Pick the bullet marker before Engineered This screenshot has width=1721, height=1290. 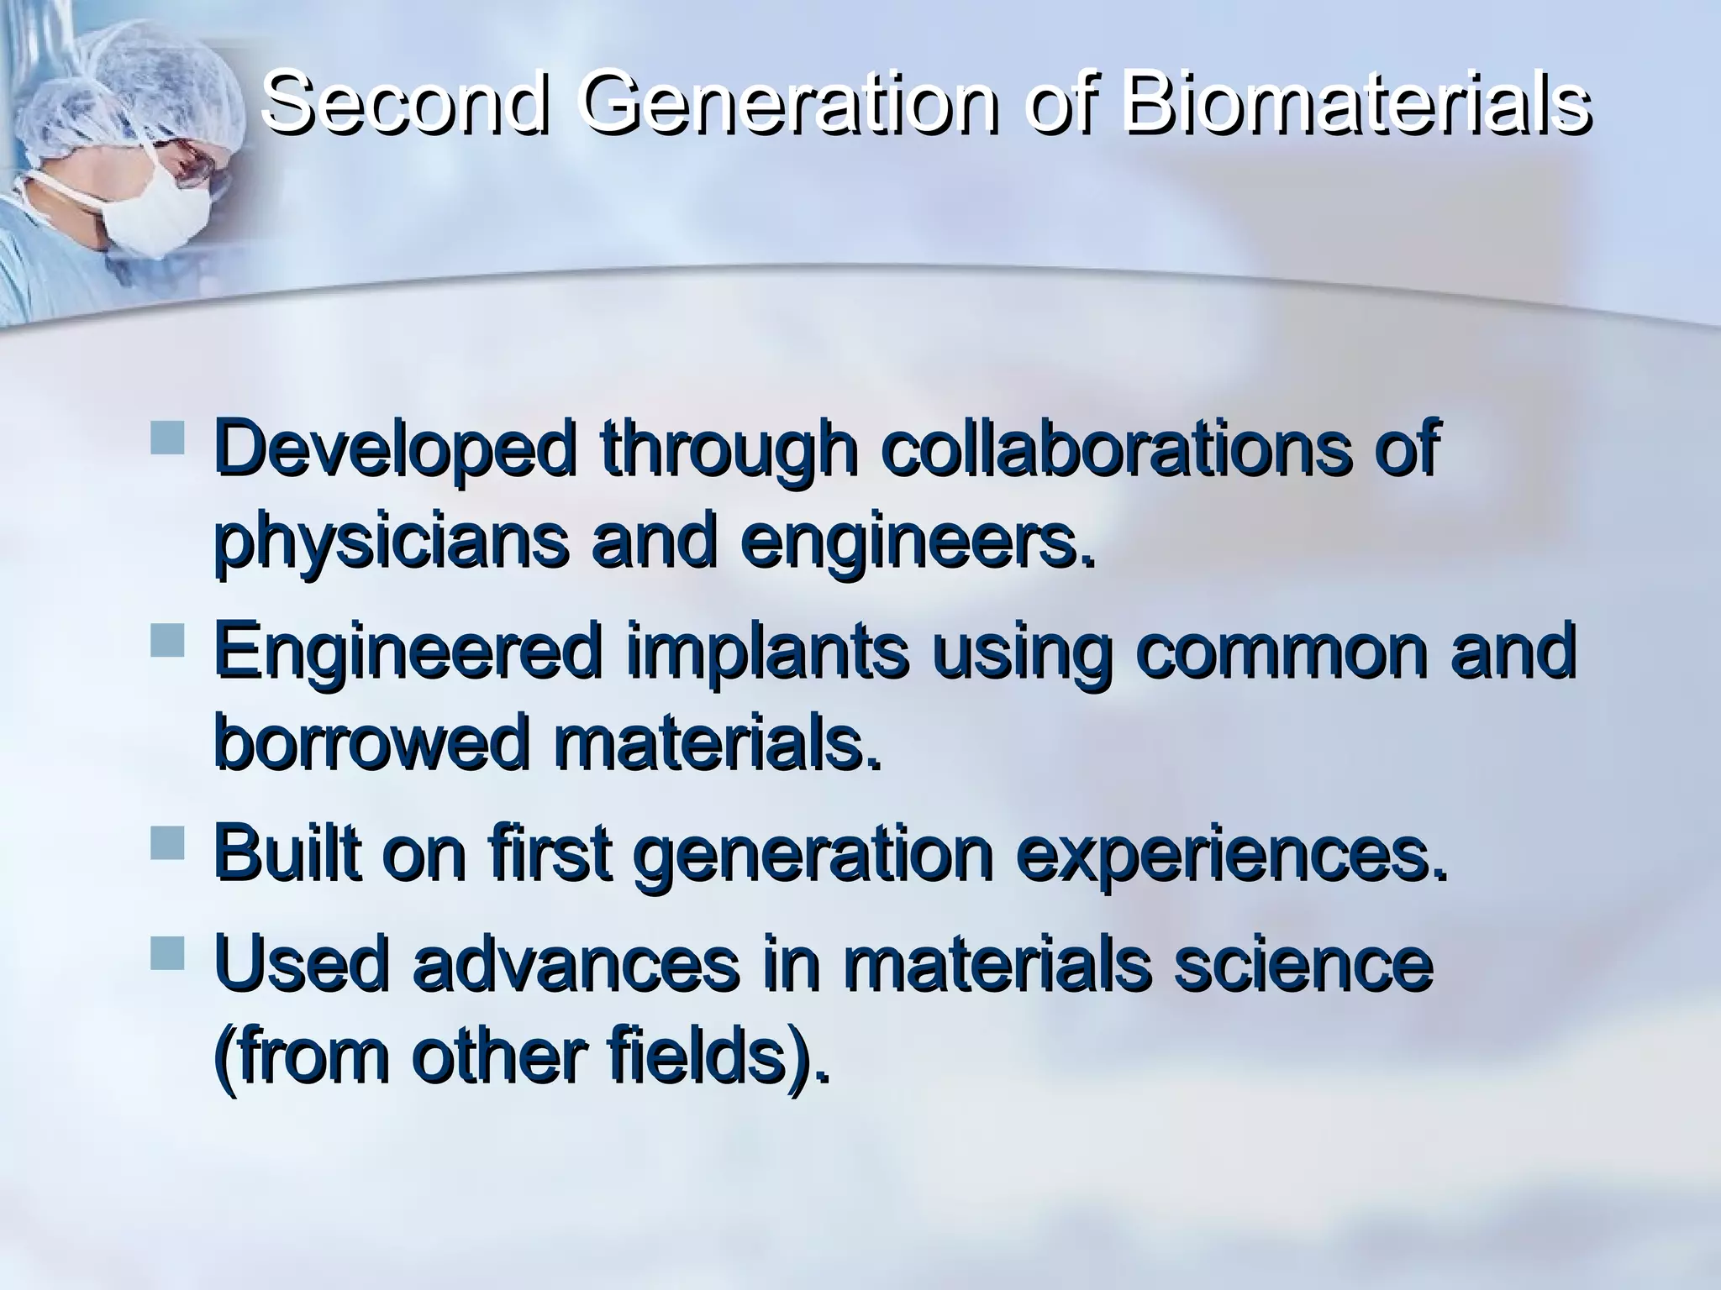167,640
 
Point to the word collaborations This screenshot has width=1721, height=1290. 1116,449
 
